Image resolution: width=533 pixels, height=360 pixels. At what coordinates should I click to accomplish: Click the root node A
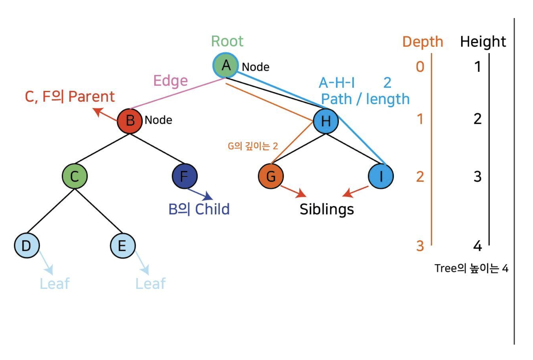pyautogui.click(x=226, y=65)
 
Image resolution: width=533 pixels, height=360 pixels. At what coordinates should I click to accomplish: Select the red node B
pyautogui.click(x=130, y=121)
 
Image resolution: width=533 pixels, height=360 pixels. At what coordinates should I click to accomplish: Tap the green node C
pyautogui.click(x=75, y=176)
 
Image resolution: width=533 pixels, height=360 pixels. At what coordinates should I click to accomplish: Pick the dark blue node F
pyautogui.click(x=184, y=176)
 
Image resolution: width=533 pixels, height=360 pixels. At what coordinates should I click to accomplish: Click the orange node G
pyautogui.click(x=271, y=176)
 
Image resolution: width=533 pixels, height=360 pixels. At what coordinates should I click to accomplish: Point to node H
pyautogui.click(x=326, y=121)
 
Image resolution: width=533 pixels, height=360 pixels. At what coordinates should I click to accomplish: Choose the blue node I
pyautogui.click(x=381, y=176)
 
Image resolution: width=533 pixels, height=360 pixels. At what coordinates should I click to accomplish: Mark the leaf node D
pyautogui.click(x=27, y=245)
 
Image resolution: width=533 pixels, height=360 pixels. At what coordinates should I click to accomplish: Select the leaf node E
pyautogui.click(x=123, y=245)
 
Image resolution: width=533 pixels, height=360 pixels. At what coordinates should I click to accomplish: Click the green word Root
pyautogui.click(x=227, y=41)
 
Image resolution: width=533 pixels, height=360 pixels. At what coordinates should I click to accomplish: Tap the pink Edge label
pyautogui.click(x=170, y=81)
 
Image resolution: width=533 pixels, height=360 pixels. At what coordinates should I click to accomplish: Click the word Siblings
pyautogui.click(x=327, y=209)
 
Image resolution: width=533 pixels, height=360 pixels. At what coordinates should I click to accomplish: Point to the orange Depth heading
pyautogui.click(x=422, y=42)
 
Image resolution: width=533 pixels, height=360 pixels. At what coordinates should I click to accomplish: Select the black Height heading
pyautogui.click(x=483, y=42)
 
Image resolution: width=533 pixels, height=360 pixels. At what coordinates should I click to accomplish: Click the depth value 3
pyautogui.click(x=420, y=246)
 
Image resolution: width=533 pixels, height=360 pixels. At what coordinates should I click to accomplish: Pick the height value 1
pyautogui.click(x=478, y=67)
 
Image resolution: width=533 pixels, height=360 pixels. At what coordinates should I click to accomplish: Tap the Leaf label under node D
pyautogui.click(x=54, y=284)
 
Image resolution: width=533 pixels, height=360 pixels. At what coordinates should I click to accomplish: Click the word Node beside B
pyautogui.click(x=158, y=120)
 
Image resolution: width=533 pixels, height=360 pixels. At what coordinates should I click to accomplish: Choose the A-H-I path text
pyautogui.click(x=337, y=83)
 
